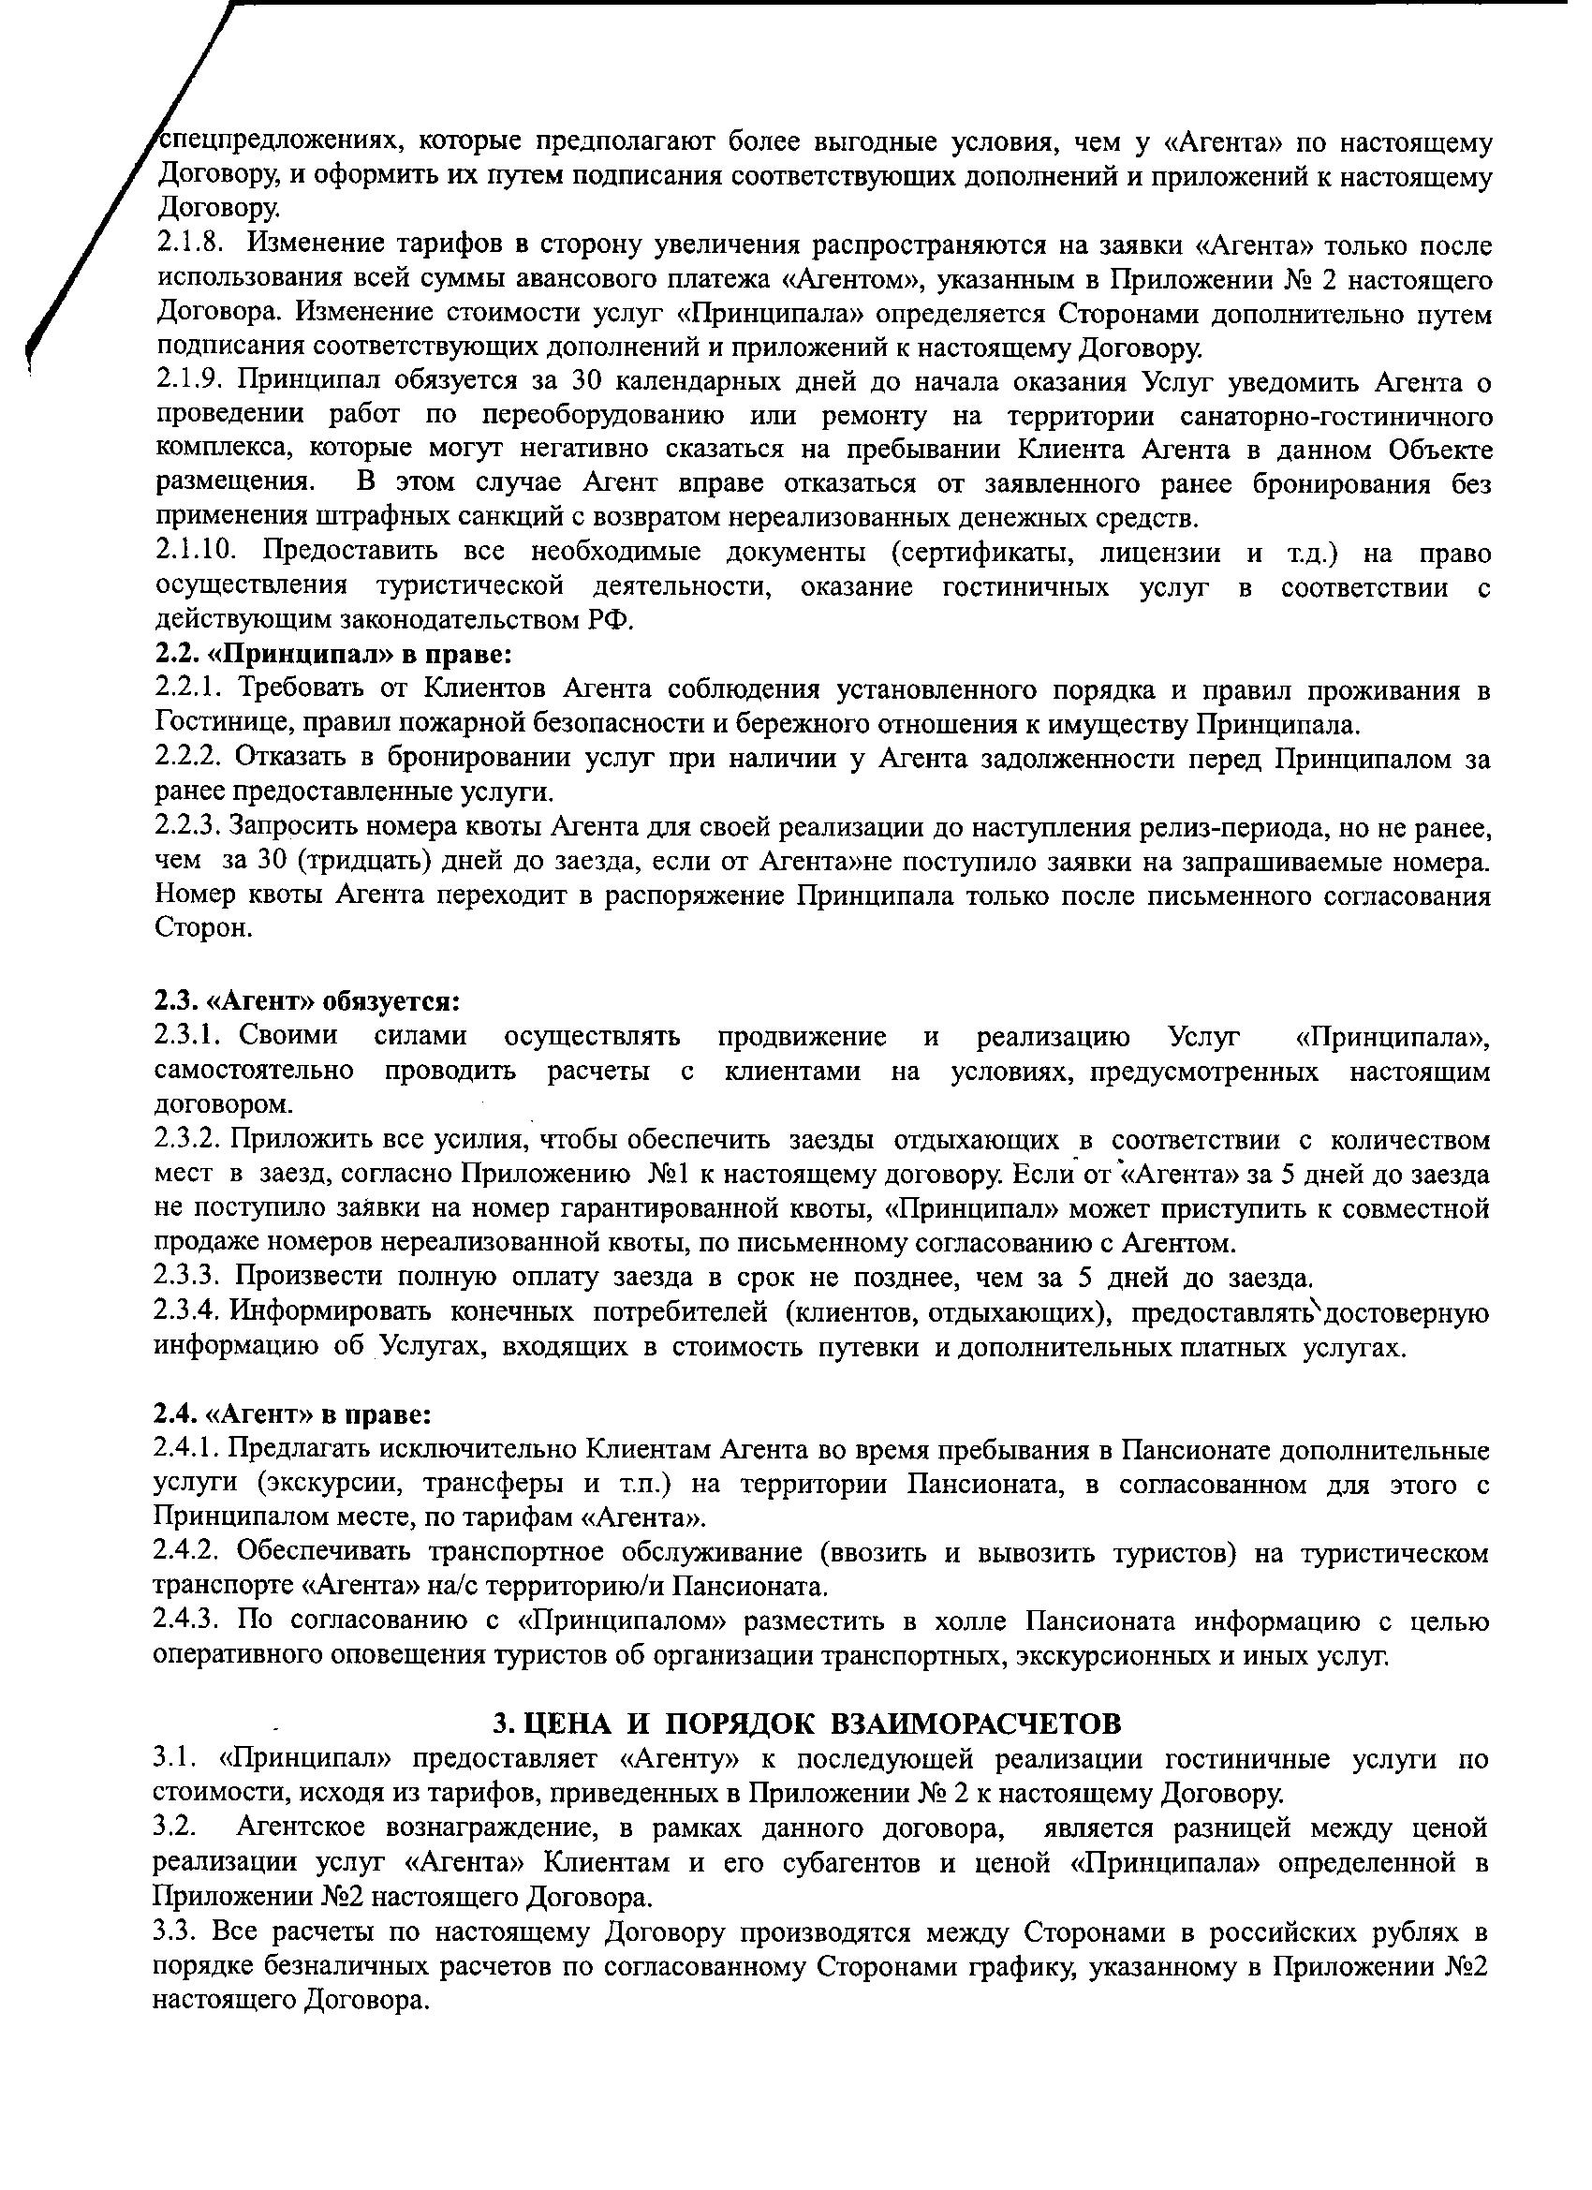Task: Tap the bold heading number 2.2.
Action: [176, 654]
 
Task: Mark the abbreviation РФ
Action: [610, 619]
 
